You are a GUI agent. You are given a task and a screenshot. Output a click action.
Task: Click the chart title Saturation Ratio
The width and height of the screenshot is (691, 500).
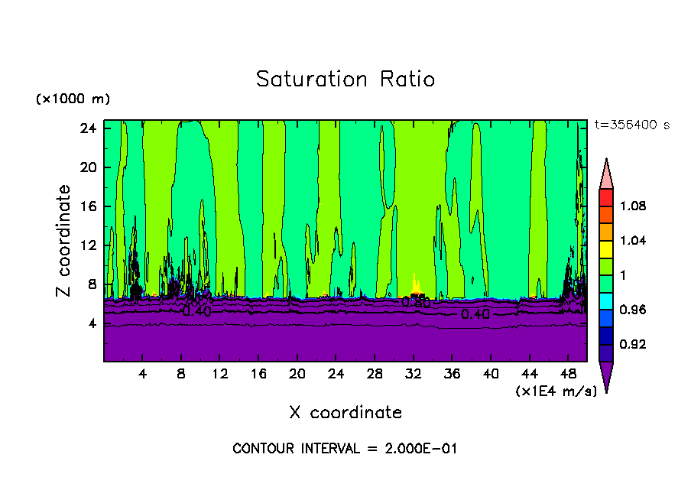coord(345,80)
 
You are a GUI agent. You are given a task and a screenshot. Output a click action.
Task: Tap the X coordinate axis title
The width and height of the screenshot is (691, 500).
coord(345,413)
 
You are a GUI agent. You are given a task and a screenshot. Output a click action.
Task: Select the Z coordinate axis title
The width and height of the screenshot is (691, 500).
coord(64,241)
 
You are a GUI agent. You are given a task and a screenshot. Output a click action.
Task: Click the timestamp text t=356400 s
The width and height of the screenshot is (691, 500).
coord(631,125)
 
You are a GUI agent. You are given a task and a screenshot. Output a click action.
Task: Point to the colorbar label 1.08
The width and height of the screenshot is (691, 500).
coord(634,206)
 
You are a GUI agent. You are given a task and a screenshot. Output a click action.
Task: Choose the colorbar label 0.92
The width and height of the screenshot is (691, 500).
coord(634,345)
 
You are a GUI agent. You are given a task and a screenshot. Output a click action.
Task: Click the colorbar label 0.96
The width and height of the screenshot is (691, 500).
coord(634,310)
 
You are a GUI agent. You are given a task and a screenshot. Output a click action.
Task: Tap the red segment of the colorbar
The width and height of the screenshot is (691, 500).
coord(606,197)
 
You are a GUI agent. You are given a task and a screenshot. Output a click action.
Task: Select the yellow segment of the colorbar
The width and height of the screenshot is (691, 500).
coord(606,248)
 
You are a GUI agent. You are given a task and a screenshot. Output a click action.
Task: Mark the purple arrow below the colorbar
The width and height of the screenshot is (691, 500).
coord(606,375)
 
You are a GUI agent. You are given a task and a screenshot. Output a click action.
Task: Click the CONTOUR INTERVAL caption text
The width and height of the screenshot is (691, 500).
coord(345,449)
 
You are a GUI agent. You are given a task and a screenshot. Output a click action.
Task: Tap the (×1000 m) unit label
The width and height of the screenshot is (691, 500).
coord(73,99)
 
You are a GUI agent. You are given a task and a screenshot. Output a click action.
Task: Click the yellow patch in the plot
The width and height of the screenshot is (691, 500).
coord(416,286)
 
